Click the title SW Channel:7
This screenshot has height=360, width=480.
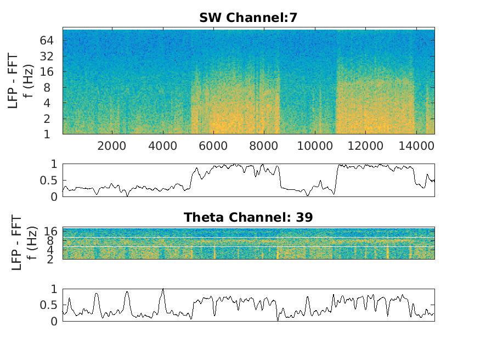[x=248, y=18]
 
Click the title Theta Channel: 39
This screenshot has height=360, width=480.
[x=248, y=217]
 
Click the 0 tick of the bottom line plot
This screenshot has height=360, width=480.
[x=54, y=322]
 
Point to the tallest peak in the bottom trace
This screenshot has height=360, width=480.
[x=162, y=289]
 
